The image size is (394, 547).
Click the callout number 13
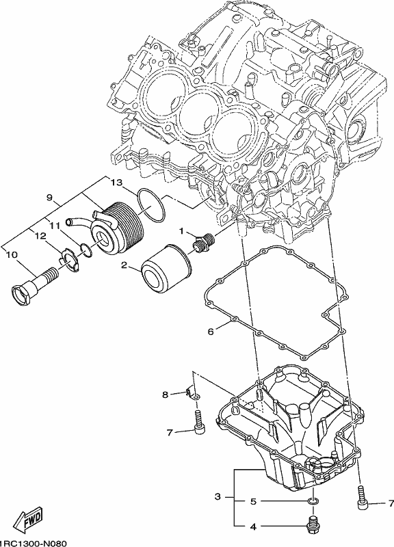coord(117,183)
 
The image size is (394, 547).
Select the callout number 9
coord(49,198)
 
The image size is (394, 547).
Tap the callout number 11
coord(55,226)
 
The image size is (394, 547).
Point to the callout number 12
coord(40,236)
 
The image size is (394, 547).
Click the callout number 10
coord(12,255)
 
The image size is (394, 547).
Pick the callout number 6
coord(211,332)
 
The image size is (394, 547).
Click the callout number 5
coord(254,502)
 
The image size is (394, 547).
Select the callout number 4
coord(254,526)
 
